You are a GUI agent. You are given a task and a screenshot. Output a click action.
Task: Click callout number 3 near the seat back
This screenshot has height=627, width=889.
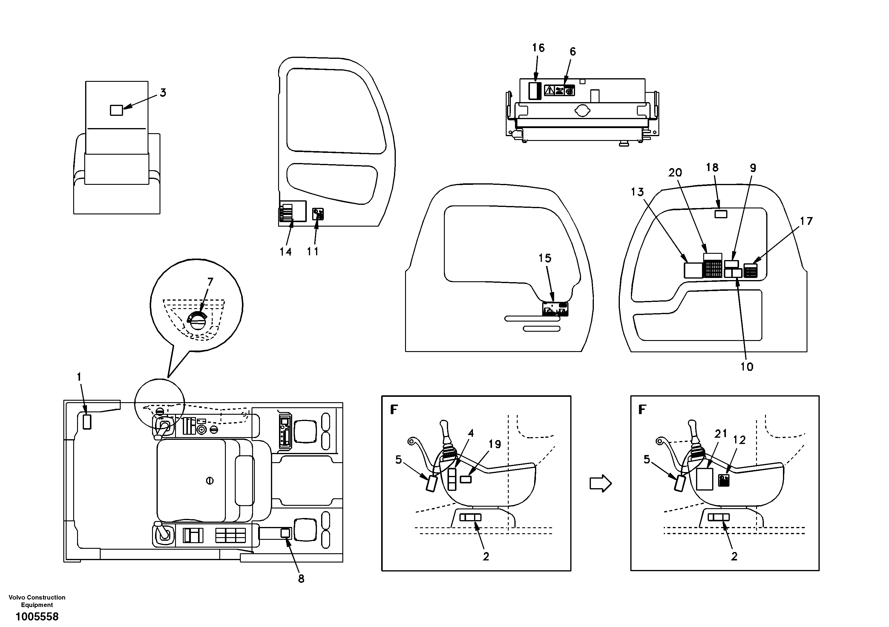(163, 93)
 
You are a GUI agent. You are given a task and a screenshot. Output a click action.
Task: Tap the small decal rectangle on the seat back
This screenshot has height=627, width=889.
(117, 110)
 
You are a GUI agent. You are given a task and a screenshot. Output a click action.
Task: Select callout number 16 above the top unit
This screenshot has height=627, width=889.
(538, 48)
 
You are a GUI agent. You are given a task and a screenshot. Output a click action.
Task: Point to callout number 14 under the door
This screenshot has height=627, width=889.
(286, 252)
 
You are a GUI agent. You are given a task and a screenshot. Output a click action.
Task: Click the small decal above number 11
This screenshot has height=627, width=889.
(318, 214)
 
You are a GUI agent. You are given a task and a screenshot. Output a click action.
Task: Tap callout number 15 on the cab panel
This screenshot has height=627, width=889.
(545, 258)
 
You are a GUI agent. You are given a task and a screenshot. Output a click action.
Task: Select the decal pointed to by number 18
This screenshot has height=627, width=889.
(721, 214)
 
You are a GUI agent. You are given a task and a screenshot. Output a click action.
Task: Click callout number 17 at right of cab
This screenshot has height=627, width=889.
(806, 221)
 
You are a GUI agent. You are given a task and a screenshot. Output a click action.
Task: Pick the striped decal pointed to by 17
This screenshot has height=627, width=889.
(751, 271)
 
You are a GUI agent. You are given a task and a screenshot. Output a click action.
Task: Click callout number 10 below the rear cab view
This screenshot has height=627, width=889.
(747, 367)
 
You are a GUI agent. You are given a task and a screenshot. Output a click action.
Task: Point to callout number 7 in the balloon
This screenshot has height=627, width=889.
(210, 282)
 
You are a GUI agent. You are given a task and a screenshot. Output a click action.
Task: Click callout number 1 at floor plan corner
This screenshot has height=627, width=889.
(79, 376)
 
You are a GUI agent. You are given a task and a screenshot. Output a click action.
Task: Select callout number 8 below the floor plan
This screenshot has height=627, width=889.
(301, 579)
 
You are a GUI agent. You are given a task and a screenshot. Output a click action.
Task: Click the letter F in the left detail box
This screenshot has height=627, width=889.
(394, 409)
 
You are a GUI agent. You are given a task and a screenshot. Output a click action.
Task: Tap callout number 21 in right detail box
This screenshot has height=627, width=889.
(721, 434)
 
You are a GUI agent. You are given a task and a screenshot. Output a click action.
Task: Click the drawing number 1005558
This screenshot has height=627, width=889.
(37, 617)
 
